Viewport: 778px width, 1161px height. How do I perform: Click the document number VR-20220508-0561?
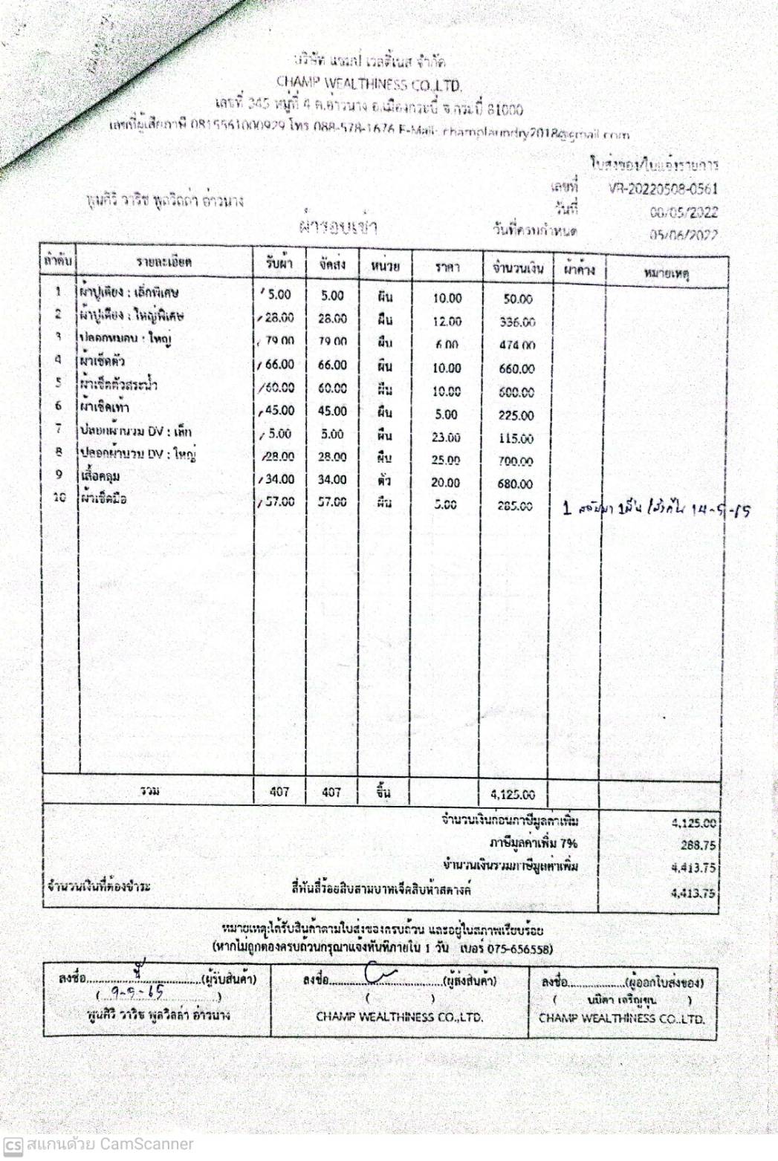(x=663, y=189)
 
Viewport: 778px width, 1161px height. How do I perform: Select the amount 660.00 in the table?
(x=516, y=368)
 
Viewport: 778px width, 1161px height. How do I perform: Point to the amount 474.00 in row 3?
(x=517, y=345)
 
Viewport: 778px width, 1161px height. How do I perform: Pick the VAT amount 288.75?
(x=698, y=845)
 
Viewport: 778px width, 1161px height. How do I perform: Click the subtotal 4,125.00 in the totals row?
(x=512, y=794)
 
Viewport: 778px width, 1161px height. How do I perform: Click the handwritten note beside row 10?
(x=657, y=510)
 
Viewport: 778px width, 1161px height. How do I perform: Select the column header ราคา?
(x=447, y=267)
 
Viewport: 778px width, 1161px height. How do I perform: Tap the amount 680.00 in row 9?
(x=515, y=484)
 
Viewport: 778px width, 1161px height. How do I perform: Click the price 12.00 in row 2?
(x=447, y=322)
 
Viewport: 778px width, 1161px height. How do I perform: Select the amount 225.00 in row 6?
(x=516, y=415)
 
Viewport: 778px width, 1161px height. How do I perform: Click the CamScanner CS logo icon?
(x=13, y=1145)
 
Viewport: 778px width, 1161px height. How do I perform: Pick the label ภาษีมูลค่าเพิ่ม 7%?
(x=533, y=843)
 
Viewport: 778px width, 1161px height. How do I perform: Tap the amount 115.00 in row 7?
(x=516, y=438)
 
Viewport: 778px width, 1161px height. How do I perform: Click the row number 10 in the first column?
(x=59, y=497)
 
